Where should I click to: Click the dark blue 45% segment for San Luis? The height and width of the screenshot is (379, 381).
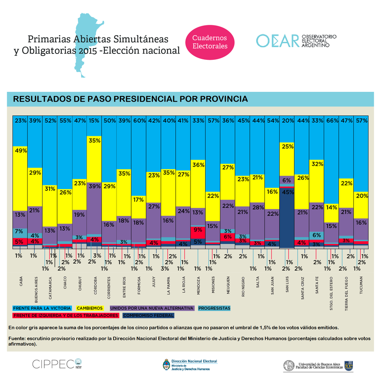(x=288, y=219)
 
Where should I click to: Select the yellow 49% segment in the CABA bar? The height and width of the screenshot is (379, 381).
(x=21, y=177)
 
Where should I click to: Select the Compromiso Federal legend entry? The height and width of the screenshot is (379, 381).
(x=148, y=315)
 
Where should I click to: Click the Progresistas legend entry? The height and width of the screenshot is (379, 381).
(x=214, y=308)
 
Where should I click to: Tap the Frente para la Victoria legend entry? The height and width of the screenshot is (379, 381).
(x=42, y=308)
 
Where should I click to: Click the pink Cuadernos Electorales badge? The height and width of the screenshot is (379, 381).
(x=210, y=42)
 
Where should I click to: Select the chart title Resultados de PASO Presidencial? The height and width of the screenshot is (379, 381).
(x=130, y=99)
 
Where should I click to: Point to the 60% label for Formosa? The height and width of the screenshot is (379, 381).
(x=139, y=120)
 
